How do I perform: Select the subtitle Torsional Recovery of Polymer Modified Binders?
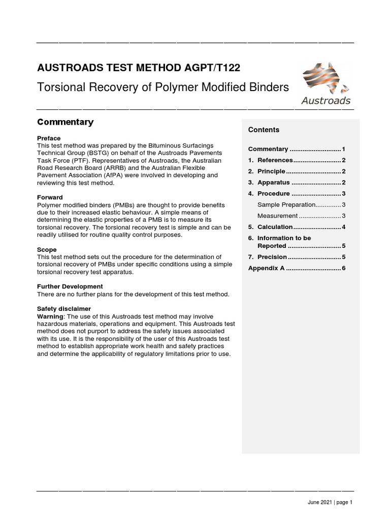(163, 87)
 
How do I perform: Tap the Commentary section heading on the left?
(66, 122)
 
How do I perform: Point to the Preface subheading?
(49, 138)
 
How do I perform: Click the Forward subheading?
(50, 197)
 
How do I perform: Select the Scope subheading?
(47, 250)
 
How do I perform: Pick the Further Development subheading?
(70, 286)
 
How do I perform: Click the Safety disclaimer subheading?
(64, 309)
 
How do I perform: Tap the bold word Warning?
(50, 316)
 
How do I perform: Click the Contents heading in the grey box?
(264, 130)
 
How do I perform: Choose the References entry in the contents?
(275, 160)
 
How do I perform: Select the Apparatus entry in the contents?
(273, 182)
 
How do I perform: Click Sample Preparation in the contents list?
(286, 205)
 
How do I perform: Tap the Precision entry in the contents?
(272, 257)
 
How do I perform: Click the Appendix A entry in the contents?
(266, 268)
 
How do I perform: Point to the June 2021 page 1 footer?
(330, 502)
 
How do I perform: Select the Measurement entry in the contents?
(277, 216)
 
